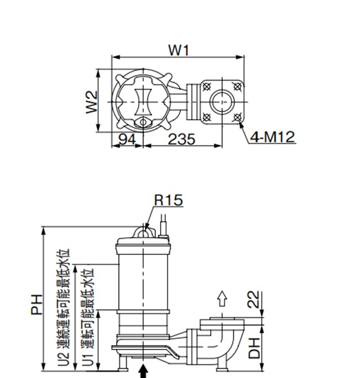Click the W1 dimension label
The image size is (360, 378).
[179, 50]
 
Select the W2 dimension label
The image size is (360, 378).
[92, 102]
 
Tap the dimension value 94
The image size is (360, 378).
[128, 140]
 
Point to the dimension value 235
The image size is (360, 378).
[181, 140]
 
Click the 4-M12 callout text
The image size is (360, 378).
[273, 137]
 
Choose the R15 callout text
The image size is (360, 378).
[168, 200]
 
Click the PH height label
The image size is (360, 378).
[37, 304]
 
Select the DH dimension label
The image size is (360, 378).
[254, 348]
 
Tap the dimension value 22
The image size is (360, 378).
[254, 299]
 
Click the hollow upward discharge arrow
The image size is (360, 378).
[222, 299]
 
